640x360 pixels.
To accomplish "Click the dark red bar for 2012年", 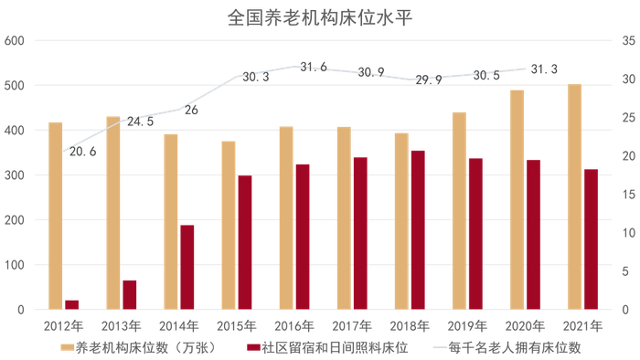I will pyautogui.click(x=71, y=304).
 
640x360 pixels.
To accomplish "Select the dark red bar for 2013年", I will pyautogui.click(x=129, y=295).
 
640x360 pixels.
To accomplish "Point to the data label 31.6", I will pyautogui.click(x=313, y=68).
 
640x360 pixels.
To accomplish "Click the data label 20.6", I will pyautogui.click(x=82, y=152).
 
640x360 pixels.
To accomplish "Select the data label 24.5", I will pyautogui.click(x=140, y=122).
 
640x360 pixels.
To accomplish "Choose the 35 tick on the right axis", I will pyautogui.click(x=626, y=41).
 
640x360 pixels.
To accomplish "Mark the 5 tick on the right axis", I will pyautogui.click(x=624, y=272).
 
